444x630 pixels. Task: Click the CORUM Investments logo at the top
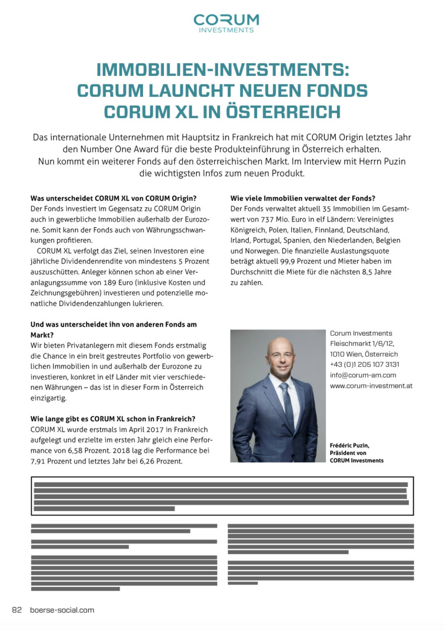point(226,23)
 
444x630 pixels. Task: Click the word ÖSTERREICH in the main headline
point(283,112)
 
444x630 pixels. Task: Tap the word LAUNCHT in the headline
point(192,90)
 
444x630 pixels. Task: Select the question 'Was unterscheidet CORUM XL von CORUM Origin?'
point(113,198)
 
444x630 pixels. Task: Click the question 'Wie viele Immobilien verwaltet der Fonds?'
point(303,198)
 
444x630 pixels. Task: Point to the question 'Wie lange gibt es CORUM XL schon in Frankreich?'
point(113,419)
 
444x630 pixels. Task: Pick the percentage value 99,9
point(287,261)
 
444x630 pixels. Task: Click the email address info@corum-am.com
point(363,375)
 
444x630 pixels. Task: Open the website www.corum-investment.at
point(371,386)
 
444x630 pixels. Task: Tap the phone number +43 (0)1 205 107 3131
point(364,364)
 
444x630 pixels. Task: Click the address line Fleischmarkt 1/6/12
point(362,343)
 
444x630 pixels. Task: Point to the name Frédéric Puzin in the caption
point(349,445)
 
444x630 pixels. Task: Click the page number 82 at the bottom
point(17,610)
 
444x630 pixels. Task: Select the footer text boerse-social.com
point(62,610)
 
